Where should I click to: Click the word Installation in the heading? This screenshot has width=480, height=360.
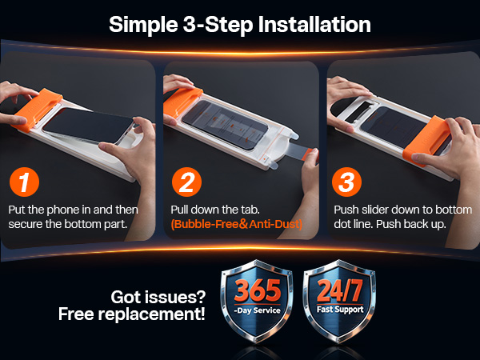tap(314, 25)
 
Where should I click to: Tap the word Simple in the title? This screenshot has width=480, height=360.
tap(143, 25)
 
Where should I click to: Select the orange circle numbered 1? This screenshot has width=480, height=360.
tap(24, 182)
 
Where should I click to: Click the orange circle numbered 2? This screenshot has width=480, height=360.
tap(186, 182)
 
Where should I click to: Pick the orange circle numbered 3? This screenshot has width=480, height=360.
tap(346, 182)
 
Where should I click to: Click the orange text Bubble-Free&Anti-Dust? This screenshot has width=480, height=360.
tap(237, 224)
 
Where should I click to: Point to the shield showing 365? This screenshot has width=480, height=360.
tap(257, 301)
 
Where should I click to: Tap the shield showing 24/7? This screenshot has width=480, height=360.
tap(339, 301)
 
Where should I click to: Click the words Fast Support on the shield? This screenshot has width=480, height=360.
tap(340, 310)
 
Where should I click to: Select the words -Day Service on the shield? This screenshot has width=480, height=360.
tap(257, 310)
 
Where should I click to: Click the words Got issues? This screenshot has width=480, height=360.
tap(158, 298)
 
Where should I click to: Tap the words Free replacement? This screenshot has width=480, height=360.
tap(132, 314)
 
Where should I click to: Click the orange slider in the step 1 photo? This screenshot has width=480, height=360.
tap(38, 109)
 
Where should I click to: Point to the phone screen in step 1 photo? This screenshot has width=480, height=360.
tap(88, 125)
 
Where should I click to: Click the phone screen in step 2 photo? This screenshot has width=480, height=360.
tap(225, 124)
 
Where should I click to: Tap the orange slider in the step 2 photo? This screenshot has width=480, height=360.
tap(183, 103)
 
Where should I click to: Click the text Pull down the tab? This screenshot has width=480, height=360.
tap(215, 210)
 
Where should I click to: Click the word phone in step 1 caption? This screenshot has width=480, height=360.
tap(63, 210)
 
